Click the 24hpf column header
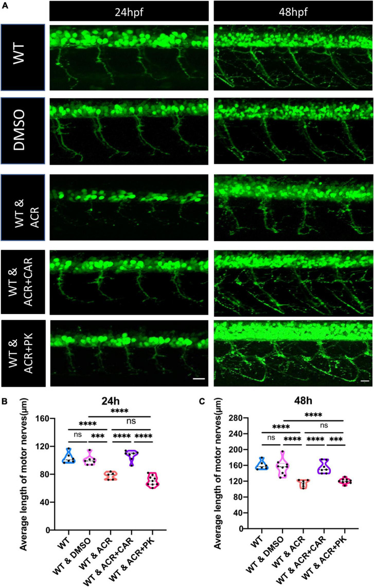click(x=129, y=10)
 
